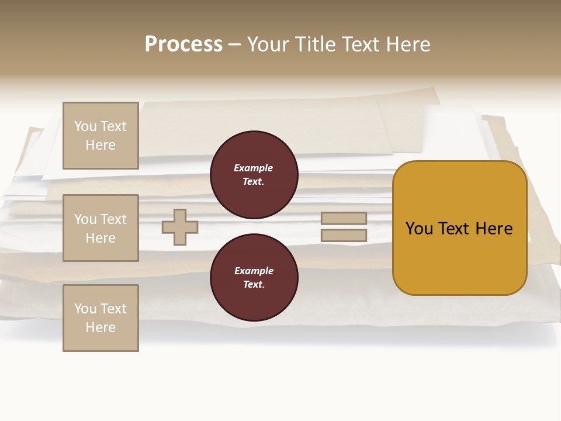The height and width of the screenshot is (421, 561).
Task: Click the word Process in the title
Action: click(183, 44)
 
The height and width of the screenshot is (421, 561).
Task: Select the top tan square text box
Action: click(101, 136)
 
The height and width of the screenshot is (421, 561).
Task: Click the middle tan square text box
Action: click(101, 228)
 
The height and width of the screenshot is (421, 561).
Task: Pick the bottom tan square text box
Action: click(101, 318)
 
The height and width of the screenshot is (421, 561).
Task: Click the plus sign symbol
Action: click(180, 227)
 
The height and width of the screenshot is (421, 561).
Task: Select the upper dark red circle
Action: click(254, 175)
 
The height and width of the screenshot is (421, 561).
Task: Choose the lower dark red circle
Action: click(254, 278)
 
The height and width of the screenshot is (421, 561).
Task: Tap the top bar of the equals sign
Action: click(344, 218)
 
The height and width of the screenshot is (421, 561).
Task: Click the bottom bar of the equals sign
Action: click(344, 235)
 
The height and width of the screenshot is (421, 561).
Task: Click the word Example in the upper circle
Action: click(254, 168)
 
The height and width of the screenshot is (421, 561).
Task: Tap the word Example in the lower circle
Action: click(254, 271)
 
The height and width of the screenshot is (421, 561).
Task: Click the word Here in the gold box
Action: click(495, 229)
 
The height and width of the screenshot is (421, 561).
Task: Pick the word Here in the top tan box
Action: click(101, 145)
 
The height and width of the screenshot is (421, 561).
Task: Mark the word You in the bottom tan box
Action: click(85, 309)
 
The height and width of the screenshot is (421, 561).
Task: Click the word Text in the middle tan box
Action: click(113, 219)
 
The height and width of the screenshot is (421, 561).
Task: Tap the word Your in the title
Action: click(269, 44)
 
